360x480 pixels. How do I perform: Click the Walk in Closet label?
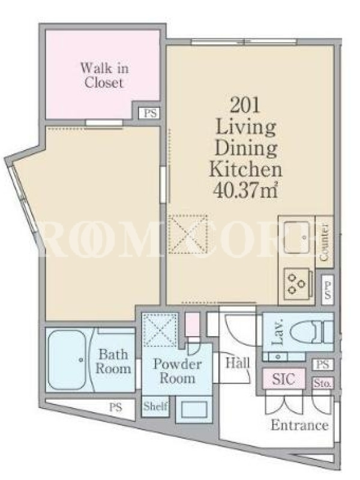tap(104, 76)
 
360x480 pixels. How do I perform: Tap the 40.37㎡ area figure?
tap(245, 190)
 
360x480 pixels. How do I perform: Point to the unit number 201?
tap(245, 106)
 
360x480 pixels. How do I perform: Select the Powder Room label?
tap(177, 371)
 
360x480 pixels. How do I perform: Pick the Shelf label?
tap(155, 407)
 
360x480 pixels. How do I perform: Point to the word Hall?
tap(238, 364)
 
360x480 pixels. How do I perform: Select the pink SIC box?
tap(284, 379)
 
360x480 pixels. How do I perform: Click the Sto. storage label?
tap(322, 383)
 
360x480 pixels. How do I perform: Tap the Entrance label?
tap(299, 425)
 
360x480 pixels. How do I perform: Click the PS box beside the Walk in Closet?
tap(150, 113)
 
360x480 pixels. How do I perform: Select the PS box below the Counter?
tap(328, 290)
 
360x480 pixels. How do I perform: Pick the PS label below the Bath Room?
tap(116, 407)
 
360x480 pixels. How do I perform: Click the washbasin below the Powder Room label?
tap(194, 409)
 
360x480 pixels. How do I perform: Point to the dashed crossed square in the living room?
tap(188, 235)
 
